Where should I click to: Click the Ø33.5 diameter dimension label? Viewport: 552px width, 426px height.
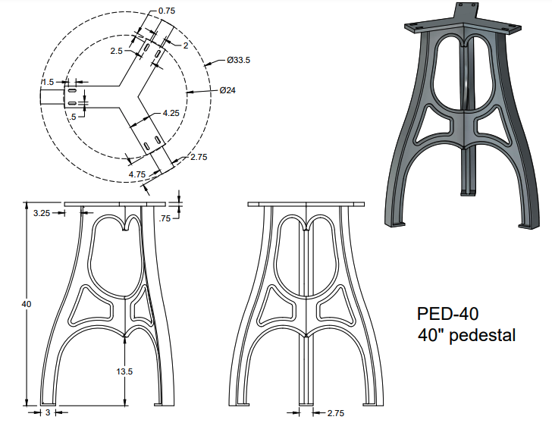click(x=238, y=60)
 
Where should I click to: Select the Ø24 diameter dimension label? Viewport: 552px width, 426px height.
click(x=227, y=90)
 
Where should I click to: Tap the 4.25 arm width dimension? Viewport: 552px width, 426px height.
click(x=171, y=113)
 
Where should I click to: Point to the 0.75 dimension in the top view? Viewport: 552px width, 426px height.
click(x=167, y=11)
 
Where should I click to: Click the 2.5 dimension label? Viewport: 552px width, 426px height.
click(x=117, y=51)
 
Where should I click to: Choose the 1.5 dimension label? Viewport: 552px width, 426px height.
click(x=48, y=82)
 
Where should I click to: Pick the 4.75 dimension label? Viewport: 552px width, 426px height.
click(x=137, y=174)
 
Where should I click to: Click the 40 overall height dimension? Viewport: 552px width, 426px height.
click(x=27, y=304)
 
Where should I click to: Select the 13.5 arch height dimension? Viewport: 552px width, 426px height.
click(x=124, y=371)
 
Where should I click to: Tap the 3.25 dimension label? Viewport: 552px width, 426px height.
click(x=42, y=213)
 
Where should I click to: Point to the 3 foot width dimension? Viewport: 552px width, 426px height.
click(x=49, y=412)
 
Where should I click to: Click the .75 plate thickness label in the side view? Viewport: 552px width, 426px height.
click(x=165, y=218)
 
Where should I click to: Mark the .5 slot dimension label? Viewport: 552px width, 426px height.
click(x=73, y=117)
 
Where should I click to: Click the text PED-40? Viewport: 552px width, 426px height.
click(x=448, y=313)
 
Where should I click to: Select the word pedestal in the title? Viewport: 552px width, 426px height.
click(x=482, y=335)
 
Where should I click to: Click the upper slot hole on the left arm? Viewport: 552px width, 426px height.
click(x=72, y=91)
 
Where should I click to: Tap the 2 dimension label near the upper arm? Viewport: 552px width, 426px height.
click(x=186, y=45)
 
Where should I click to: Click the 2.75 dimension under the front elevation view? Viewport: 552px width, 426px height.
click(x=336, y=413)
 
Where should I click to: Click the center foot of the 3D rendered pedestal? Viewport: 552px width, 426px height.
click(x=467, y=193)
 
